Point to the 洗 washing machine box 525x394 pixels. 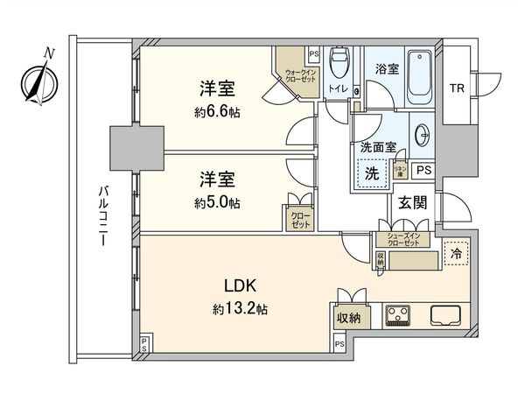pos(371,172)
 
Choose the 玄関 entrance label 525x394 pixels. pos(413,204)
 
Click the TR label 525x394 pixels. pos(458,88)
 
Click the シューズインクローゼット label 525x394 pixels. pos(404,239)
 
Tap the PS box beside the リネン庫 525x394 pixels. pos(423,170)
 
